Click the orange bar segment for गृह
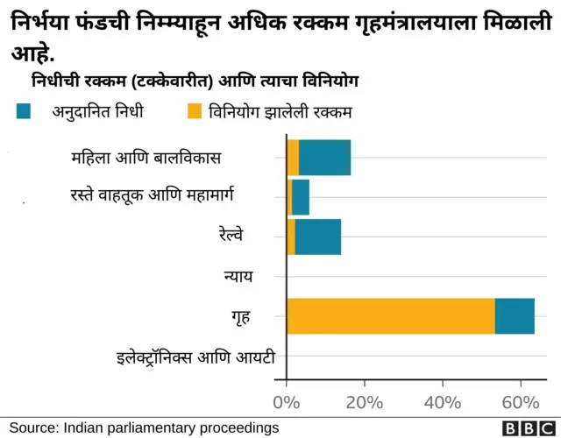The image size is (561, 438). pos(390,315)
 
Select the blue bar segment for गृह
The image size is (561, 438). pos(515,315)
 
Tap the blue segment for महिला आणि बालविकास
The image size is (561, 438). pos(325,158)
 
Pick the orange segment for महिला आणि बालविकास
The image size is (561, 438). pos(293,158)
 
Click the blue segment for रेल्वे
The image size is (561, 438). pos(318,237)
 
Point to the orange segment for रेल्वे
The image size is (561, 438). pos(291,237)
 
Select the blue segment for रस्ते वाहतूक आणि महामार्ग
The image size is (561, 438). pos(301,197)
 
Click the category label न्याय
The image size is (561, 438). pos(238,277)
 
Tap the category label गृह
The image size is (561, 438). pos(240,316)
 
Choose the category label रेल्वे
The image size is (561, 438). pos(231,236)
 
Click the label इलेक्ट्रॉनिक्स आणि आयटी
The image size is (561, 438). pos(195,357)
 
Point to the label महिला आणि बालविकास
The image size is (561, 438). pos(146,159)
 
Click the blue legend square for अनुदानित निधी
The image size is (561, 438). pos(25,110)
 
